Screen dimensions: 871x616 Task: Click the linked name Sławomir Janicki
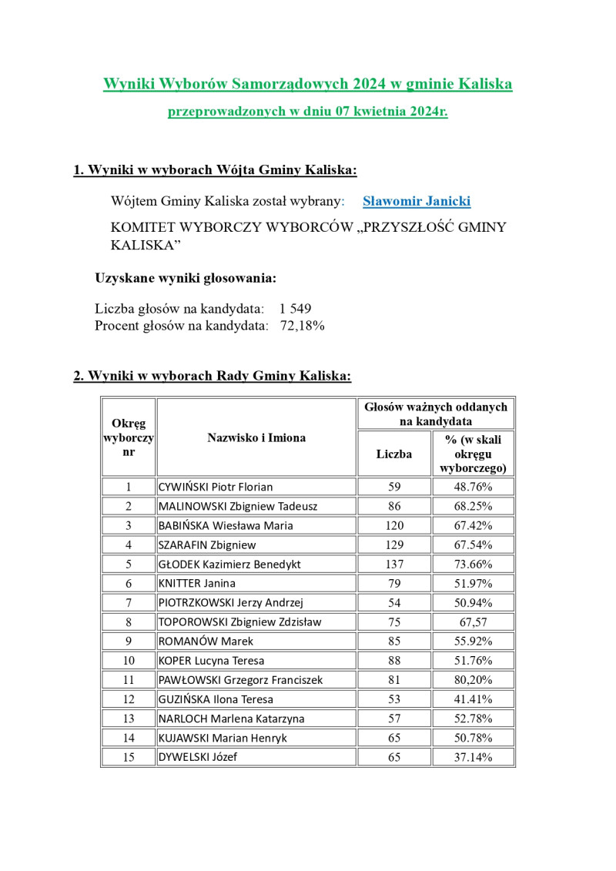417,202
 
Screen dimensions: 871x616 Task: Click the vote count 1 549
296,309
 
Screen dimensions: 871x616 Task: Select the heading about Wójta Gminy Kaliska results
215,170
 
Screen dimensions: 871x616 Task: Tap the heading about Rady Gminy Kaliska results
212,376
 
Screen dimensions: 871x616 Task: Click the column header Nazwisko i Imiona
256,437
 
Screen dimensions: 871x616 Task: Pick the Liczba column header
394,454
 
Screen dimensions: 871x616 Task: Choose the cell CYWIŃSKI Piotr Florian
216,487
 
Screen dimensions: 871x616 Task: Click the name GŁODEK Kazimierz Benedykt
229,564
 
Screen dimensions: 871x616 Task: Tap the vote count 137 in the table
394,564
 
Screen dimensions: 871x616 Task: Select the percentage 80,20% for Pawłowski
474,680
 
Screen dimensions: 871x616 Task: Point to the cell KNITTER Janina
197,583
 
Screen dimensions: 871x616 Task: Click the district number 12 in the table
129,699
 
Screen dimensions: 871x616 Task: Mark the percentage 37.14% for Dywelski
474,757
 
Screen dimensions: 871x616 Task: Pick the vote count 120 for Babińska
394,525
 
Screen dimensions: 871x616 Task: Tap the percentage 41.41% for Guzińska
474,699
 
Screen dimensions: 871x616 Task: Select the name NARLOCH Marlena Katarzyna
231,719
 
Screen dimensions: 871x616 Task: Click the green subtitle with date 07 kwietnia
308,112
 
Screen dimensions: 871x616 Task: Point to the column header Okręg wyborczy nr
129,437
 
